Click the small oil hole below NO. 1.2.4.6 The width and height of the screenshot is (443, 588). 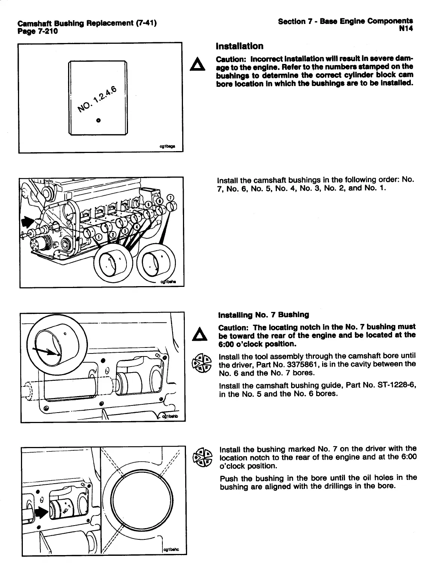tap(98, 120)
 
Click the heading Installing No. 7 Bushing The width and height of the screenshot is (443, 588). tap(264, 315)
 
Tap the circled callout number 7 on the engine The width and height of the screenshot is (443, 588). tap(170, 197)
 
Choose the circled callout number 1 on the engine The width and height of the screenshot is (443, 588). tap(99, 236)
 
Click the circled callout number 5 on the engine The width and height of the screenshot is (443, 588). tap(148, 204)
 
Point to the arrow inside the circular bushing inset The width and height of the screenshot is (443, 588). tap(47, 351)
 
